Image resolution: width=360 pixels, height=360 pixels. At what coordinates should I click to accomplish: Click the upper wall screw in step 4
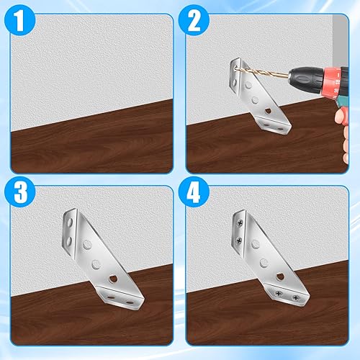pos(238,220)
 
